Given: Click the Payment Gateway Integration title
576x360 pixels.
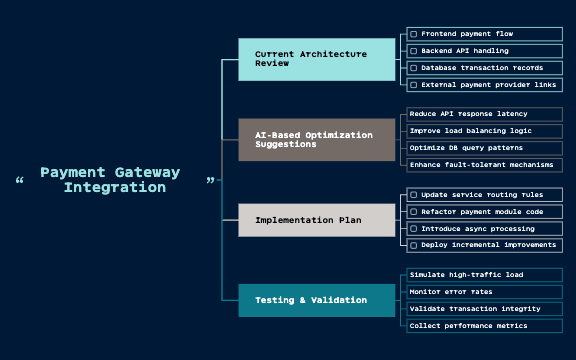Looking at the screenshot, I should [110, 180].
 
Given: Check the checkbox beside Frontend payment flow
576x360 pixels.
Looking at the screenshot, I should [414, 34].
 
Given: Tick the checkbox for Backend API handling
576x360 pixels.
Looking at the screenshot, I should [414, 51].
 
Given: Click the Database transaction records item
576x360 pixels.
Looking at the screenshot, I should [484, 68].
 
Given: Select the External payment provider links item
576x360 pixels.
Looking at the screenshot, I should [484, 85].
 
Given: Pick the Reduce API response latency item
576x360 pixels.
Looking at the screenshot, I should [484, 114].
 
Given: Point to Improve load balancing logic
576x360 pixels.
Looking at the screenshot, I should [484, 131].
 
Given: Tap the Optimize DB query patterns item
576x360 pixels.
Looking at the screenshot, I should [484, 148].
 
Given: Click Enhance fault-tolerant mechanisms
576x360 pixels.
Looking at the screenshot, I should [484, 165].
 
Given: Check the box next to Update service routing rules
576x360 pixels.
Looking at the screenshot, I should [414, 195].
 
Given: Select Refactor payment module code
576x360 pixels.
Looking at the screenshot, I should [484, 211].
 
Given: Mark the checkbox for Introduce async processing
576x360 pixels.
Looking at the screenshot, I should [414, 229].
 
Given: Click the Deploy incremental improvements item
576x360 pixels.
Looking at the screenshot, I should [484, 245].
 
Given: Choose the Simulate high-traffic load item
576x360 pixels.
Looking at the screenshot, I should [484, 275].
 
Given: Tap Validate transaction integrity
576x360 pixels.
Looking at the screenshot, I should [484, 309].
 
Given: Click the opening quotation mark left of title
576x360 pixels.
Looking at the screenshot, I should [19, 181].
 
